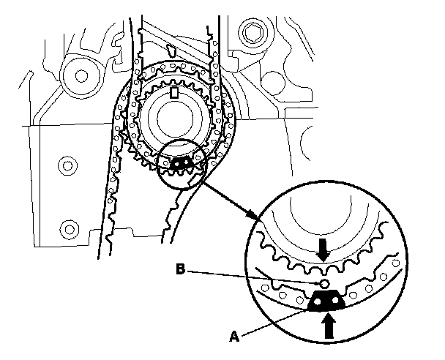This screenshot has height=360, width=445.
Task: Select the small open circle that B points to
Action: (x=319, y=283)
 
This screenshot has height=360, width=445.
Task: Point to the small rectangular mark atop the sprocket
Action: (x=173, y=93)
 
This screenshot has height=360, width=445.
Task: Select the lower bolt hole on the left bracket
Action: (x=68, y=226)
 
